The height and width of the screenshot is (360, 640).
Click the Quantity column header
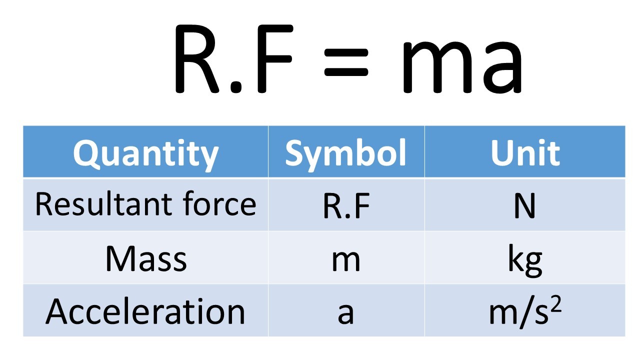pos(145,153)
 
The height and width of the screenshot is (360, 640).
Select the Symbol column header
pos(345,153)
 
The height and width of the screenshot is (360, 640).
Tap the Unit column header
pos(524,153)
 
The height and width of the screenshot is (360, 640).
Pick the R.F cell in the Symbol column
pos(346,205)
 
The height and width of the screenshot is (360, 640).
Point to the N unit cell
pos(524,205)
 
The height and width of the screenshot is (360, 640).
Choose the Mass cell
pos(145,258)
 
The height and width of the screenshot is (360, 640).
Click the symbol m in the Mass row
pos(346,260)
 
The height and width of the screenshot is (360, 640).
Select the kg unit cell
pos(524,260)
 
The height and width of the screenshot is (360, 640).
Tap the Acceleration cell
pos(145,311)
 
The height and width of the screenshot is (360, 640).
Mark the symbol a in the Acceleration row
pos(346,312)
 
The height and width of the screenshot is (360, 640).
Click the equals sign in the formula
pos(346,64)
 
